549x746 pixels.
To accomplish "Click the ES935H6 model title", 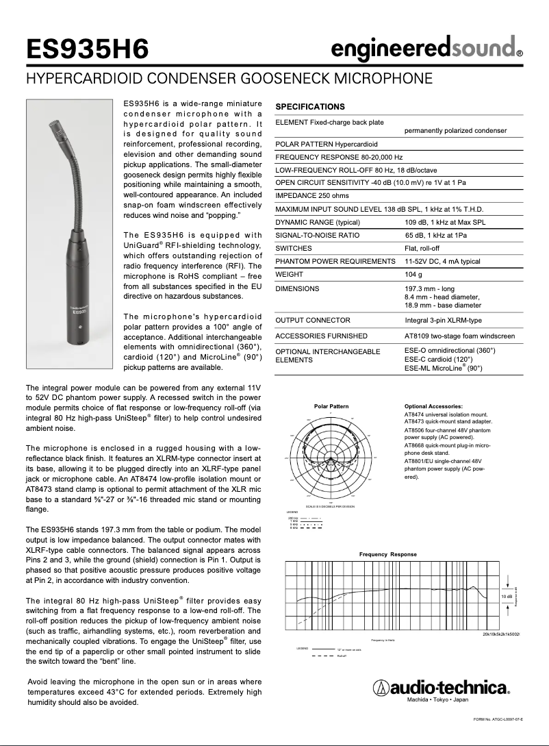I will [x=87, y=49].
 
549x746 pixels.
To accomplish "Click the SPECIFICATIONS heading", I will [x=309, y=107].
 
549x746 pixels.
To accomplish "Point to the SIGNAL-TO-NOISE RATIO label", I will [x=318, y=235].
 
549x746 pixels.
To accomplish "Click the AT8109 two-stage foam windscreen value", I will [x=459, y=336].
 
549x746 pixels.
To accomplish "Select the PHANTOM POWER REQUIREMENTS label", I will [x=335, y=262].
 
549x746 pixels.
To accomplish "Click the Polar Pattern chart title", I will [x=331, y=406].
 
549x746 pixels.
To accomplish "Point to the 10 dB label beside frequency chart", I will [x=506, y=597].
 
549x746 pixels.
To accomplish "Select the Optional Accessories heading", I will [x=433, y=406].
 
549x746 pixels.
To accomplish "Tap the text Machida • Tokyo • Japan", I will [x=437, y=700].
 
